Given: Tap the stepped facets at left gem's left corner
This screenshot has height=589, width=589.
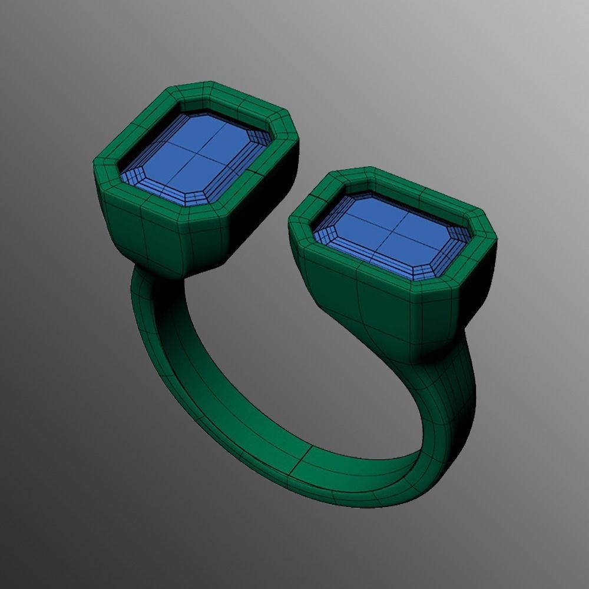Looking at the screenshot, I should [133, 174].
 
